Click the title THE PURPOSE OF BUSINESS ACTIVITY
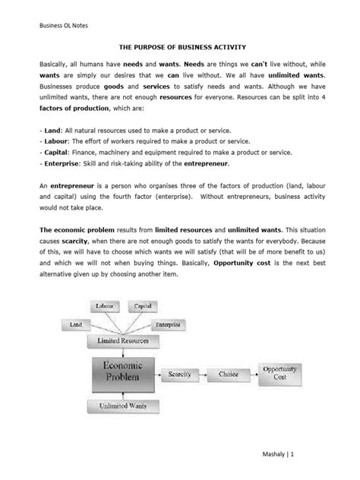(179, 46)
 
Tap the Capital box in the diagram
(143, 306)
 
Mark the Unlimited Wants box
(122, 407)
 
